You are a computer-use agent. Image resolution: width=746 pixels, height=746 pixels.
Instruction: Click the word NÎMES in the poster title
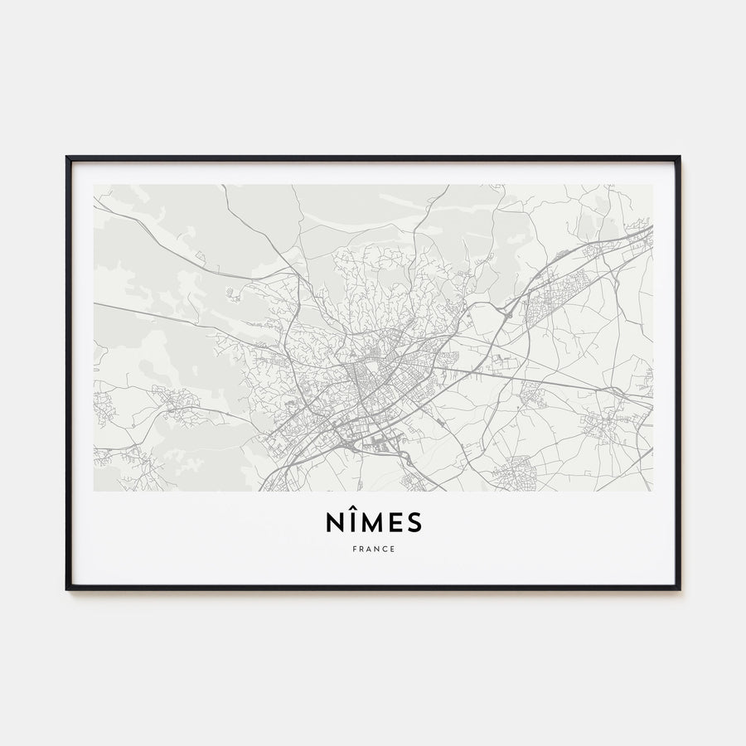point(373,522)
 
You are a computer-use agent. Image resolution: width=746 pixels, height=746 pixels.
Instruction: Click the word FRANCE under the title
point(373,549)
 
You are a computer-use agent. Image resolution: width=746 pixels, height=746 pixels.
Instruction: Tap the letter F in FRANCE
point(353,549)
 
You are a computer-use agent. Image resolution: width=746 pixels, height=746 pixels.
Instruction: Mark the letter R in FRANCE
point(361,549)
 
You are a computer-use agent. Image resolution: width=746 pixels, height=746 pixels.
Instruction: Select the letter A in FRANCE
point(369,549)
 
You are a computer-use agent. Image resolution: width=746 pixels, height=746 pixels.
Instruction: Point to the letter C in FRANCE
point(385,549)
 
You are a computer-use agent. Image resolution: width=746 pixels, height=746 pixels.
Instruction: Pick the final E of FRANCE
point(393,549)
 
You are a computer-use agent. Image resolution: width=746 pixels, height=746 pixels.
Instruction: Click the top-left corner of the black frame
point(67,157)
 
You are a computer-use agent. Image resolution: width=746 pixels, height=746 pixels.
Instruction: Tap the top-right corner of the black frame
point(679,157)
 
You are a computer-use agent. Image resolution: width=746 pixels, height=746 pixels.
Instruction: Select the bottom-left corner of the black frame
point(67,589)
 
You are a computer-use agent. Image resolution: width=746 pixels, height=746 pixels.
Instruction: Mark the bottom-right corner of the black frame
point(679,589)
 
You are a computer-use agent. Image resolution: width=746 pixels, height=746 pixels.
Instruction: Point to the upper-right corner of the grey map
point(652,186)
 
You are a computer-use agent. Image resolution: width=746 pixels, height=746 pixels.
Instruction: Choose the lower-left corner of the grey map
point(94,490)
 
